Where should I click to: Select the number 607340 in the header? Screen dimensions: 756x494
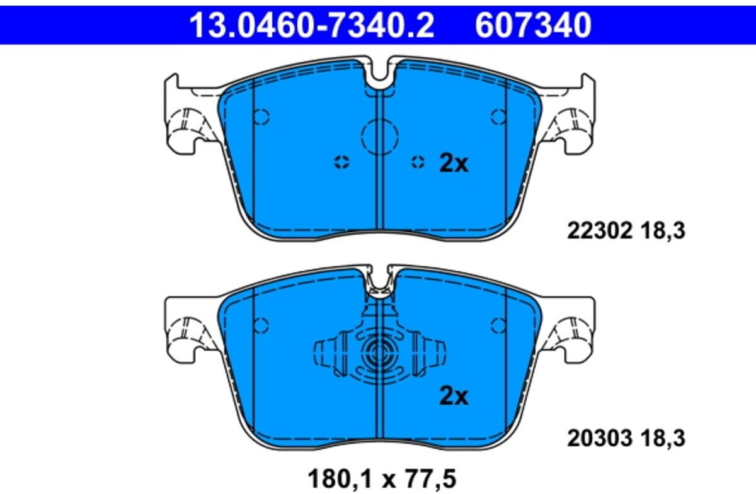point(533,25)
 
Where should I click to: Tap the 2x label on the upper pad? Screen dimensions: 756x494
point(454,164)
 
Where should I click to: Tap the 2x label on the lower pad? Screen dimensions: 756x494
point(454,396)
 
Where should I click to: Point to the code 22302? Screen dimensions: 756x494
point(599,232)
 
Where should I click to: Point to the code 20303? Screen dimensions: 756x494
point(599,439)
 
